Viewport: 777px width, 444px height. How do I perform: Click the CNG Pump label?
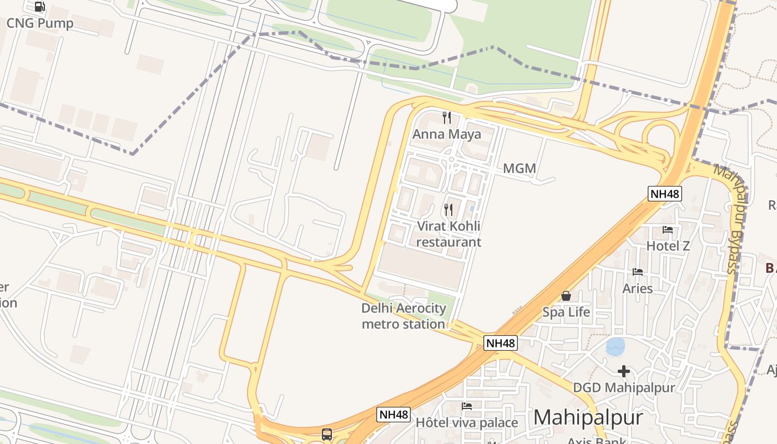(x=40, y=23)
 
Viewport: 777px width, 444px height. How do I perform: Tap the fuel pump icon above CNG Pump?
(x=39, y=7)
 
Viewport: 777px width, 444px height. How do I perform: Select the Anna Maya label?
(x=447, y=134)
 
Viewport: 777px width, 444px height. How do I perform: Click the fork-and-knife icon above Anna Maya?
(x=447, y=118)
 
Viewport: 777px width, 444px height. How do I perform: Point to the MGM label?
(x=519, y=168)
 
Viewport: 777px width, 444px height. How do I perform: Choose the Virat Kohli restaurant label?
(x=448, y=234)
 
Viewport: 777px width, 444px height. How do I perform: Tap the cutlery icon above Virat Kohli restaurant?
(x=448, y=210)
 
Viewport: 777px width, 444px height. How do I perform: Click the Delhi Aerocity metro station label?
(x=403, y=316)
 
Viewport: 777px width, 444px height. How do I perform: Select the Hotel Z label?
(x=668, y=245)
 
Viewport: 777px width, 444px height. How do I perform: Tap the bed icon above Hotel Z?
(x=668, y=229)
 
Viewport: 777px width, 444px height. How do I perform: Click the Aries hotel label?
(x=638, y=288)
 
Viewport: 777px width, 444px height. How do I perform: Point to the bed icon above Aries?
(x=638, y=272)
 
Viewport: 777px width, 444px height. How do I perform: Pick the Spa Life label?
(x=566, y=312)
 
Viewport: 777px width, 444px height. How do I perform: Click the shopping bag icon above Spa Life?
(x=566, y=296)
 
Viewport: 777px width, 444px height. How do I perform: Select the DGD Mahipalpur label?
(x=624, y=387)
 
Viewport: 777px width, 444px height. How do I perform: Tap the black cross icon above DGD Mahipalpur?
(x=624, y=371)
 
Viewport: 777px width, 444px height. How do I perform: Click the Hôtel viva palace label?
(x=467, y=422)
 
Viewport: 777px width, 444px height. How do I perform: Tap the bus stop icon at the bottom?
(x=327, y=434)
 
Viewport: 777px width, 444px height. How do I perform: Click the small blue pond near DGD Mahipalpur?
(x=615, y=347)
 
